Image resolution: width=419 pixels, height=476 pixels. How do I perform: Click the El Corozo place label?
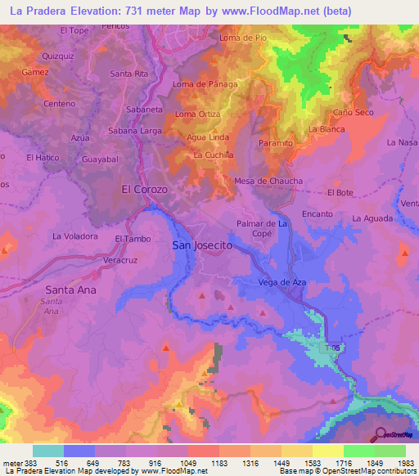144,189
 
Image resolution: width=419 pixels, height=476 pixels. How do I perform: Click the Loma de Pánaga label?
205,83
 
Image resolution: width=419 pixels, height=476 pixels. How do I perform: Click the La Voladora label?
75,236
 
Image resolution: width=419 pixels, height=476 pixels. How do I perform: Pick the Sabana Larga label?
133,130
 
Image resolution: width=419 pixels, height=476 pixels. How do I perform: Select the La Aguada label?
372,218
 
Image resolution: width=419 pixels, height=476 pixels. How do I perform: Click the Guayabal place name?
101,159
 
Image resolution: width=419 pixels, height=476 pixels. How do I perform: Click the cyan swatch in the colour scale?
47,451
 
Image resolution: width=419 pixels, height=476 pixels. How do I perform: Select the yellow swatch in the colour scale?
327,451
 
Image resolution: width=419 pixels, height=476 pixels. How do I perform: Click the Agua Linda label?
208,137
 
